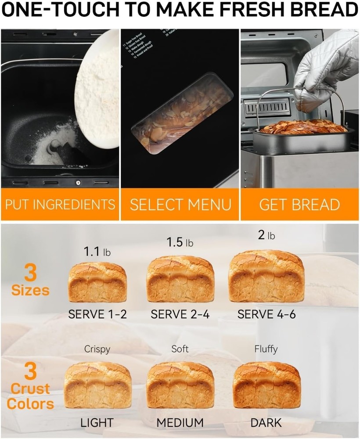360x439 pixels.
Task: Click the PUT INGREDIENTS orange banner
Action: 60,205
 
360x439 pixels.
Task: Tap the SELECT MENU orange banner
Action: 180,205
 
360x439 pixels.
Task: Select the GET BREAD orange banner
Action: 300,205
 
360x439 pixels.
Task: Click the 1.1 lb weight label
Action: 97,252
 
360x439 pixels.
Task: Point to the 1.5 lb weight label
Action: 180,242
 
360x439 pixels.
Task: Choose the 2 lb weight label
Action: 266,235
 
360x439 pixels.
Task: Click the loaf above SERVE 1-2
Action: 97,282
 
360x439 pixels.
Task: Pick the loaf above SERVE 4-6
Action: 266,277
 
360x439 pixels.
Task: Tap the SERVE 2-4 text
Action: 180,314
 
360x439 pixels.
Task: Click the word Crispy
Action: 97,349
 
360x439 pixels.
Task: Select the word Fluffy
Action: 266,349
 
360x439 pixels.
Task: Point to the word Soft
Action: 180,349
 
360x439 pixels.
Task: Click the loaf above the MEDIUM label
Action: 180,385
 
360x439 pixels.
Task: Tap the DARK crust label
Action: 266,423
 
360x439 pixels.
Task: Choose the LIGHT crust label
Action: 97,423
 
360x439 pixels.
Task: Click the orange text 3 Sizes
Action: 30,281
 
